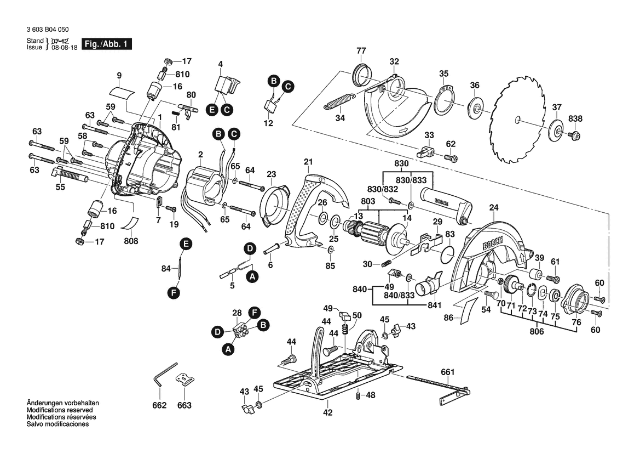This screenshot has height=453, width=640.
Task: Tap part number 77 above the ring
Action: coord(361,51)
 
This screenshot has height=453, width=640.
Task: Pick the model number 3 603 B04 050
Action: coord(47,30)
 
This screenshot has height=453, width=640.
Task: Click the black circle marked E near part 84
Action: coord(186,245)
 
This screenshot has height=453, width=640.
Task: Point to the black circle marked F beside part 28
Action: coord(254,313)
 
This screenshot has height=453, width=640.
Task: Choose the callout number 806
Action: coord(537,331)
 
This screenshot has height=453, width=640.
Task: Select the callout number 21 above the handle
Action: coord(308,162)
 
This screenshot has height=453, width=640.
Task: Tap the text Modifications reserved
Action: coord(60,410)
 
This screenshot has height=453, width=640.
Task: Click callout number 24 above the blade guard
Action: coord(494,208)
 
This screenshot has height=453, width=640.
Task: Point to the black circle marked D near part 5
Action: coord(250,249)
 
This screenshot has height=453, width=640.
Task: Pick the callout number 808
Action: coord(131,241)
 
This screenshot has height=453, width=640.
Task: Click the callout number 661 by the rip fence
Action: coord(447,372)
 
